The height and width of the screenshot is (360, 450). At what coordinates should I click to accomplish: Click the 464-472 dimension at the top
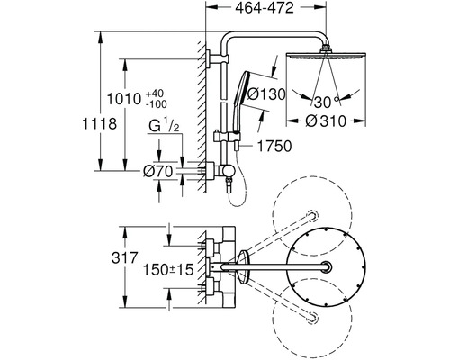point(265,8)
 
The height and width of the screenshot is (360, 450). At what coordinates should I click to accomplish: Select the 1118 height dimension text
point(99,124)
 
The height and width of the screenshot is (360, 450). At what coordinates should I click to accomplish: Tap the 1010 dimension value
point(124,99)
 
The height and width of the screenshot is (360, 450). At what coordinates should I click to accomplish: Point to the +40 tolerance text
point(155,94)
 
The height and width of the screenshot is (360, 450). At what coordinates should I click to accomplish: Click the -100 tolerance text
point(157,104)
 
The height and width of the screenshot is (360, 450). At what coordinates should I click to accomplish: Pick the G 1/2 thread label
point(164,126)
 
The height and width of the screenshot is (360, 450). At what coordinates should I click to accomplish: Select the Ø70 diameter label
point(158,172)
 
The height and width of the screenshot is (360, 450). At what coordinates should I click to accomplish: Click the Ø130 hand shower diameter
point(265,94)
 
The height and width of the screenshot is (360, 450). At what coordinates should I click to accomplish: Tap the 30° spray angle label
point(327,103)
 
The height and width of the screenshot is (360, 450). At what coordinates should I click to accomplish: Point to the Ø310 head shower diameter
point(326,121)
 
